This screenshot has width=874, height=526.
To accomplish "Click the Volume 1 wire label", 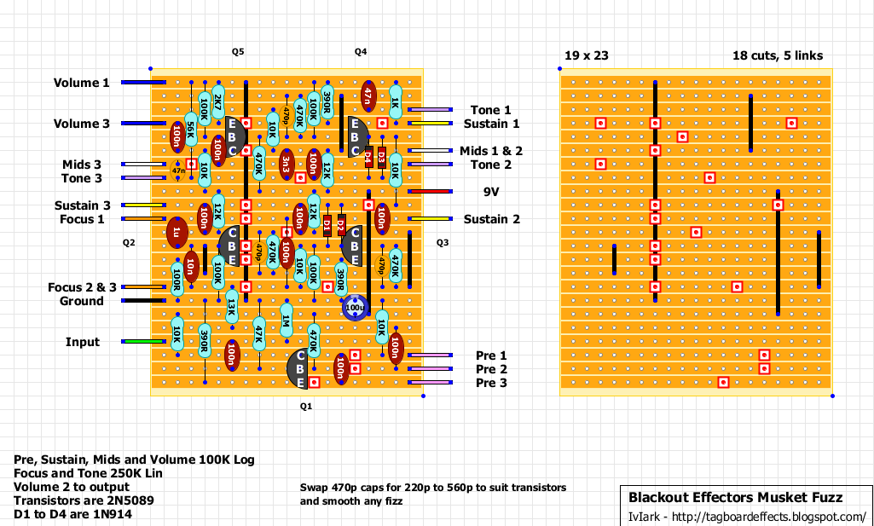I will pos(82,83).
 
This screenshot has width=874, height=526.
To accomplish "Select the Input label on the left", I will pos(83,342).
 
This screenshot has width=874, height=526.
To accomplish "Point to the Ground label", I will pos(81,301).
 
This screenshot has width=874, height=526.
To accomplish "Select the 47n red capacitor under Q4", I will pos(368,95).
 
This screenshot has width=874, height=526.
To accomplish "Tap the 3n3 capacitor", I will pos(287,164).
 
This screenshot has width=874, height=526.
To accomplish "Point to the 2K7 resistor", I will pos(218,104).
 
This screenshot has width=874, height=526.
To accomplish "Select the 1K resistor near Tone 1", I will pos(395,102).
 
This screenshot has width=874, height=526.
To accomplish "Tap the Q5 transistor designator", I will pos(238,52).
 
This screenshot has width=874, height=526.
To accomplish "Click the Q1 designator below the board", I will pos(306,407).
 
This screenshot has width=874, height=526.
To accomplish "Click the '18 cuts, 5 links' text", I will pos(778,56).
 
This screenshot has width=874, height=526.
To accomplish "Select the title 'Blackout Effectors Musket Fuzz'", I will pos(735,497).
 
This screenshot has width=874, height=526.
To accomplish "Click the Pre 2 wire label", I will pos(491,369).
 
